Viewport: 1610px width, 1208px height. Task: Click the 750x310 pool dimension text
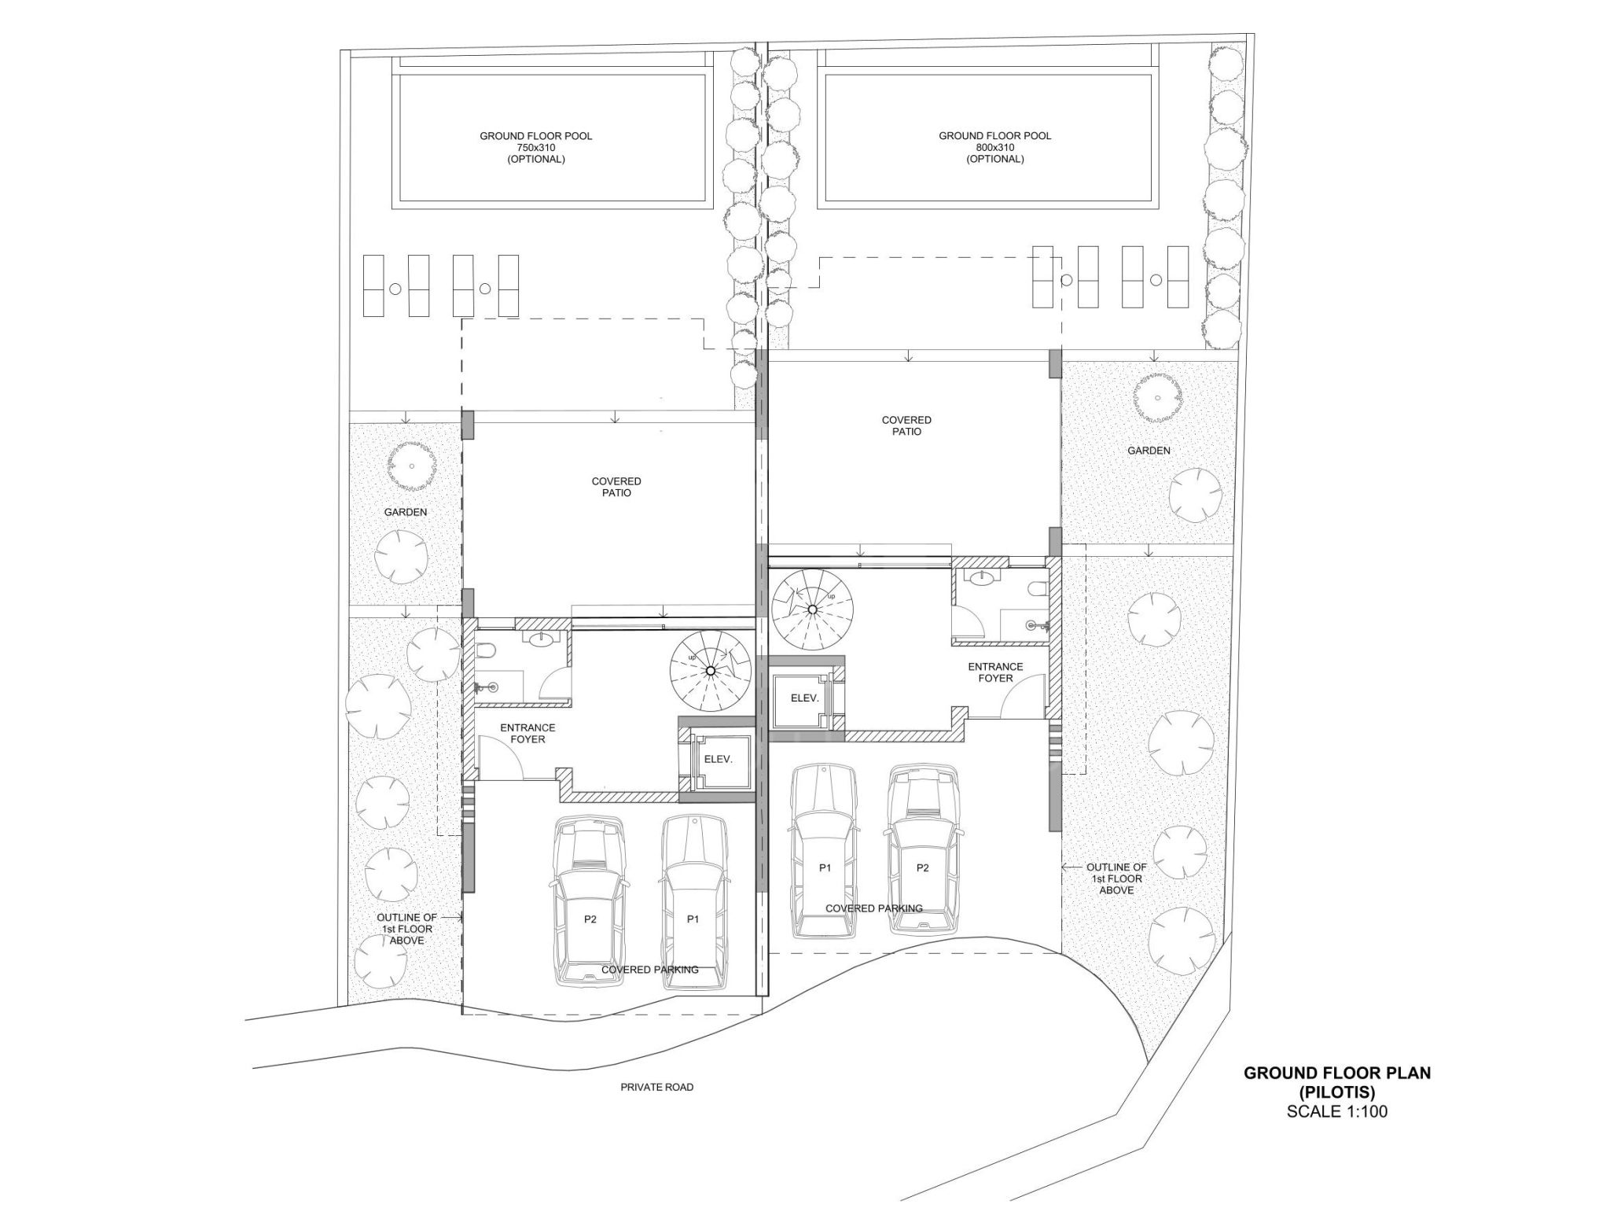pos(535,147)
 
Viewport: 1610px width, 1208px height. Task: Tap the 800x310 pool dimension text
pos(994,147)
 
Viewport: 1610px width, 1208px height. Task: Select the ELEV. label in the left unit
pos(718,760)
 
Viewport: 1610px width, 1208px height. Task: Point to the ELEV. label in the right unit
pos(804,698)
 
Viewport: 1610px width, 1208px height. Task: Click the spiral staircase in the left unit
pos(710,670)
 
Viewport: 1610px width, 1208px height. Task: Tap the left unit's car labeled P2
pos(590,902)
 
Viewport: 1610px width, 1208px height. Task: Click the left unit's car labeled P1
pos(693,902)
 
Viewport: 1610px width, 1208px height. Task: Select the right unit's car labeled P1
pos(824,852)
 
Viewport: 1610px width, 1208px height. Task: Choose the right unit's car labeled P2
pos(923,851)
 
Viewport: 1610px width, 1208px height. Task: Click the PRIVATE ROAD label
pos(656,1088)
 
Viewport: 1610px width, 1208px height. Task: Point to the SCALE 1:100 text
pos(1336,1112)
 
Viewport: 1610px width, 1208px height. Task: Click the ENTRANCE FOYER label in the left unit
pos(527,734)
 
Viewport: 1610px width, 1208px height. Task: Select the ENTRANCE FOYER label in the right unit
pos(995,672)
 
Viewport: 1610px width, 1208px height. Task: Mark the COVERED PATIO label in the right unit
pos(906,426)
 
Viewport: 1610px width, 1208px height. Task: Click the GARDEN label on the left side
pos(406,512)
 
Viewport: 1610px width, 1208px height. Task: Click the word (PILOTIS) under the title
pos(1336,1092)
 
